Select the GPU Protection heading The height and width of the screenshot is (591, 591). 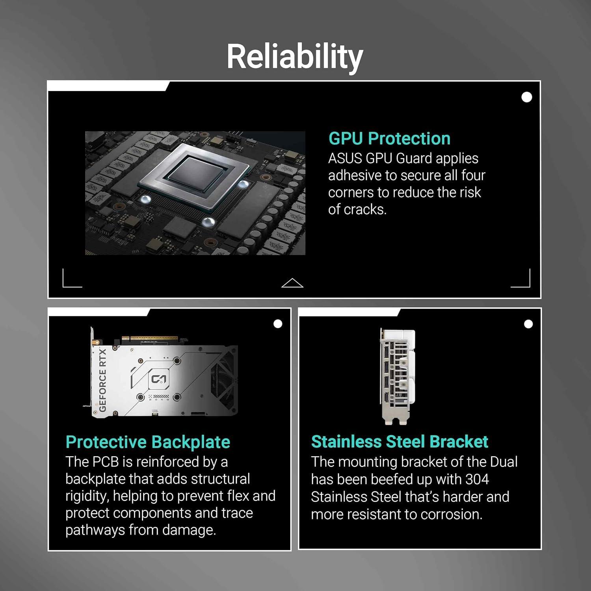click(389, 138)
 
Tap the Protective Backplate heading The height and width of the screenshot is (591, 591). click(148, 442)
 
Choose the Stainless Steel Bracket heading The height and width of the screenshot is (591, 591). click(400, 442)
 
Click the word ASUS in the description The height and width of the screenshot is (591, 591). click(345, 158)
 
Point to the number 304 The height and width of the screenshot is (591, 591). click(477, 479)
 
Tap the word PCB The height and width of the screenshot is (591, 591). click(106, 462)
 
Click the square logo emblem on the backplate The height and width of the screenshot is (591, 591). click(159, 379)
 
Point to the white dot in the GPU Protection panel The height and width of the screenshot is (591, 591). click(527, 97)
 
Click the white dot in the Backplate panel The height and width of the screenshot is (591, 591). click(278, 324)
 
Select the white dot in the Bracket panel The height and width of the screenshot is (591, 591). click(528, 324)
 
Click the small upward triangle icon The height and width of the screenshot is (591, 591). click(292, 283)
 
